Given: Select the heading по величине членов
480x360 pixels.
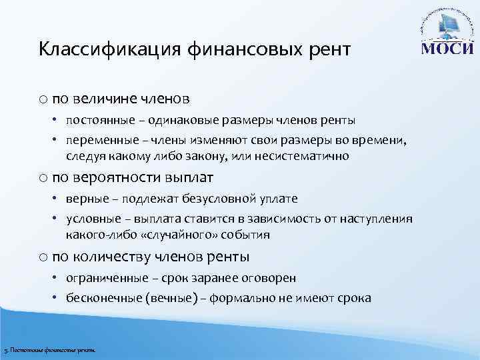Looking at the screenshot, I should click(121, 99).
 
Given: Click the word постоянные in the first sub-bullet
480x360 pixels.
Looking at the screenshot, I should click(95, 121).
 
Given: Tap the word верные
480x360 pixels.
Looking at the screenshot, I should click(84, 199).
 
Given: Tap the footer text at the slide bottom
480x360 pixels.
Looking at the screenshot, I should click(50, 350).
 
